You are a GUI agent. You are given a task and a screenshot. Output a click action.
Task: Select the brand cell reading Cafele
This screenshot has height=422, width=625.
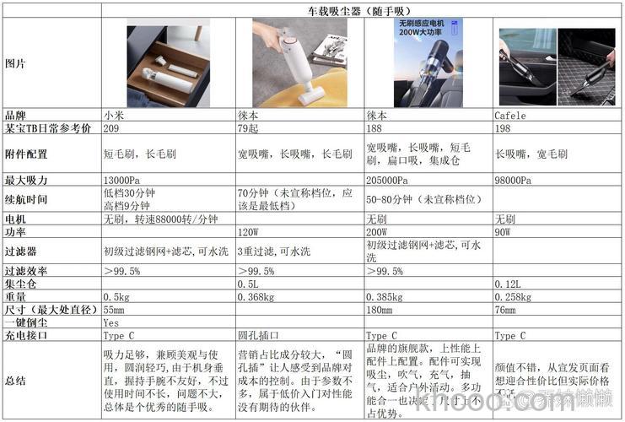510,116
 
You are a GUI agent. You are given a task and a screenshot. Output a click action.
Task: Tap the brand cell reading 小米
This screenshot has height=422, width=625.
114,116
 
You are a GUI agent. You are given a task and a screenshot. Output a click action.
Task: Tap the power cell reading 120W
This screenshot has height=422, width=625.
248,231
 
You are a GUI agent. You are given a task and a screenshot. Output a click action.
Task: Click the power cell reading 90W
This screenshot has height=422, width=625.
504,231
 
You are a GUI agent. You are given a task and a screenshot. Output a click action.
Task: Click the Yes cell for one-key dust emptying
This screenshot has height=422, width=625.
110,322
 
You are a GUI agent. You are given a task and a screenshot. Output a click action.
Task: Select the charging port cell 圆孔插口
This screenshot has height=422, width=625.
257,335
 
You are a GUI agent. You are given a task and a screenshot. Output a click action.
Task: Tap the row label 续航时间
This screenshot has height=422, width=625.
27,200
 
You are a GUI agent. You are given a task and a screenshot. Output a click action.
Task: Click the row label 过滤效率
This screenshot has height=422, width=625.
27,271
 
